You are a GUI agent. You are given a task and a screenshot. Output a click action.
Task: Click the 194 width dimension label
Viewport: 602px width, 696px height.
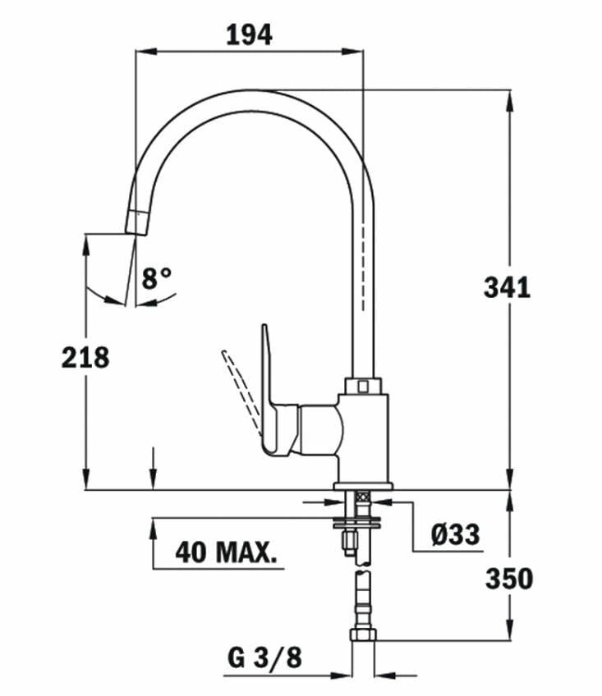pos(249,34)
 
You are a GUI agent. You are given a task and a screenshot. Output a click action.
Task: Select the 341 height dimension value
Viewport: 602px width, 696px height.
pos(507,287)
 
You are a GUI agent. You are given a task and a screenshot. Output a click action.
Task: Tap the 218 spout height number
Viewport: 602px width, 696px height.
pos(85,357)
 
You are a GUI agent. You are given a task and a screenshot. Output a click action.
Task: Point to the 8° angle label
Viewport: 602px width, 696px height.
pos(157,278)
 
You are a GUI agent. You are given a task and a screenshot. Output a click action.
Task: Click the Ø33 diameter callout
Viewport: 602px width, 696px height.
pos(456,534)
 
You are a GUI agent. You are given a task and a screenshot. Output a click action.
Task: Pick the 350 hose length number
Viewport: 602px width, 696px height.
pos(508,579)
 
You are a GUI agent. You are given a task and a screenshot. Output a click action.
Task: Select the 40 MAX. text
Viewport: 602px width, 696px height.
pos(225,552)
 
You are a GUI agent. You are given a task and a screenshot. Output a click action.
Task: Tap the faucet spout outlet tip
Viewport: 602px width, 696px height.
pos(136,223)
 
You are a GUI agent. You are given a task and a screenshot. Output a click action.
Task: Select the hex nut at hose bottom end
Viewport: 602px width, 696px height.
pos(362,634)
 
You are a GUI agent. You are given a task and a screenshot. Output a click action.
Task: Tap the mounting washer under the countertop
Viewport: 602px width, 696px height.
pos(362,520)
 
